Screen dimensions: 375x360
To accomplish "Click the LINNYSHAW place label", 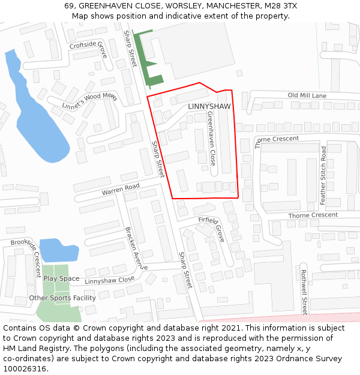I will click(x=209, y=106).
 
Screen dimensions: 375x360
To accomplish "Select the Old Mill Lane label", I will click(x=307, y=95).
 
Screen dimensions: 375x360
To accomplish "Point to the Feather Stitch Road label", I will click(x=323, y=175).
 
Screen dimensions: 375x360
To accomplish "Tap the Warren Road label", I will click(x=120, y=189).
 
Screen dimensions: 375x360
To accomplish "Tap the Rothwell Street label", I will click(x=304, y=292).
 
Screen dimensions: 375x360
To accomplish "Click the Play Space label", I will click(x=61, y=278).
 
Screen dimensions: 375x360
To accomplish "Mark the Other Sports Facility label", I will click(x=62, y=298).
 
